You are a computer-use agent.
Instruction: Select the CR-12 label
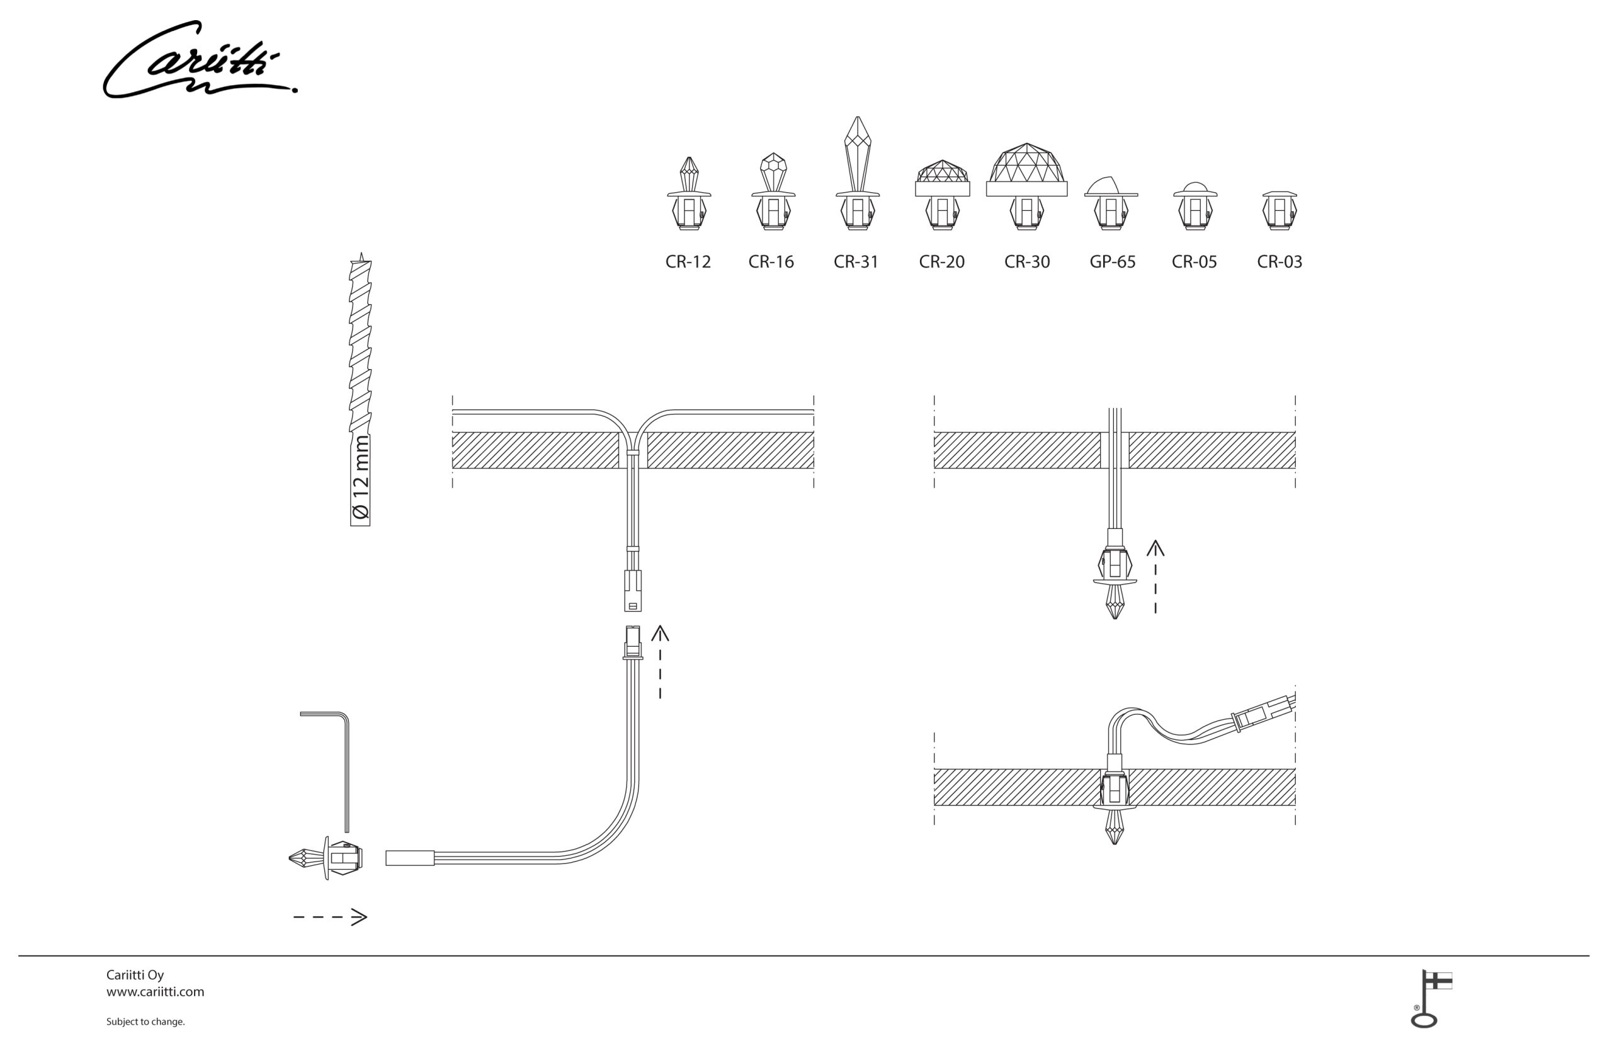tap(688, 262)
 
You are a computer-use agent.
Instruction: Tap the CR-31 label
tap(856, 262)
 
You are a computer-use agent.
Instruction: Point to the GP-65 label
tap(1112, 262)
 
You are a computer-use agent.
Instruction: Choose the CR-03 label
tap(1280, 262)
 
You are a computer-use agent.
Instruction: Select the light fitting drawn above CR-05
tap(1195, 206)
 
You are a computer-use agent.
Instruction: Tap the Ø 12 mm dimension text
tap(361, 479)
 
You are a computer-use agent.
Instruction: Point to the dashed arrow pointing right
tap(330, 918)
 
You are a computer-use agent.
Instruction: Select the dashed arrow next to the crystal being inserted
tap(1155, 577)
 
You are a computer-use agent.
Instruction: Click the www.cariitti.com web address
tap(155, 992)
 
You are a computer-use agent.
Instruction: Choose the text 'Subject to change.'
tap(145, 1022)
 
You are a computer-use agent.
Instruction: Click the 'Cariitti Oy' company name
tap(135, 975)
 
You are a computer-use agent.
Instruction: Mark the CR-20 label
tap(941, 262)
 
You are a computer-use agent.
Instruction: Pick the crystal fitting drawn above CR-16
tap(773, 191)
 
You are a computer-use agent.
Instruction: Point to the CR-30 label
tap(1027, 262)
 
